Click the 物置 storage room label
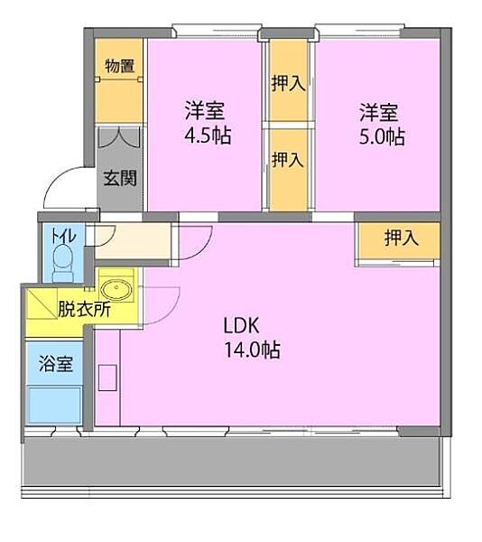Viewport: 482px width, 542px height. (119, 66)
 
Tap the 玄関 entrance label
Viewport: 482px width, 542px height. (120, 178)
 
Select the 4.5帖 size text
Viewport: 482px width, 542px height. (208, 135)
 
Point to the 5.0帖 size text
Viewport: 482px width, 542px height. (382, 136)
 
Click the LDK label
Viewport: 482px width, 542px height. (241, 325)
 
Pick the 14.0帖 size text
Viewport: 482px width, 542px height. (253, 350)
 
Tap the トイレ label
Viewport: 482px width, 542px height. (63, 236)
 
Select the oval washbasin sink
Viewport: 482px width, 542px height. (116, 289)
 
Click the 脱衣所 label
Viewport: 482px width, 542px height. (84, 309)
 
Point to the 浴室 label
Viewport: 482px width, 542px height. (56, 364)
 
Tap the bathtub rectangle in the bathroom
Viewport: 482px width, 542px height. (55, 405)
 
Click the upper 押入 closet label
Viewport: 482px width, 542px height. (288, 83)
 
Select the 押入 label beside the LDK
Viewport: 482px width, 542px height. (402, 238)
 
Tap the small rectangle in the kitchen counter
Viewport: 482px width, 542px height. (107, 378)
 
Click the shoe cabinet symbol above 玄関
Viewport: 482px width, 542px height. (119, 137)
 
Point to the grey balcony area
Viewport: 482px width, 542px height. (232, 462)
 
